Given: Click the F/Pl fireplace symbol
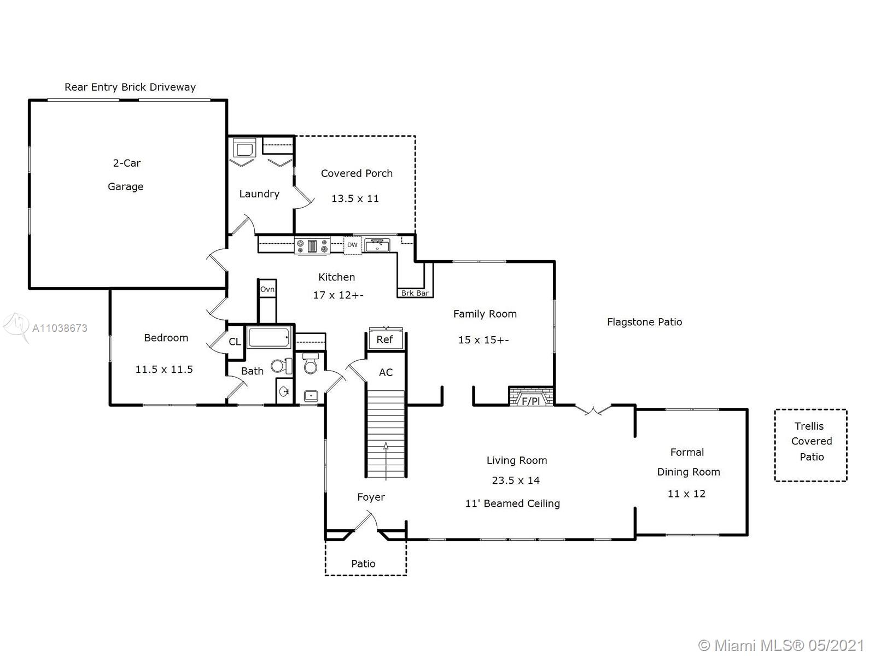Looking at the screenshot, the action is click(x=531, y=396).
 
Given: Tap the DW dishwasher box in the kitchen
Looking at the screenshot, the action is click(x=352, y=245).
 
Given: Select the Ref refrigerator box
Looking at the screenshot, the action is click(x=384, y=339).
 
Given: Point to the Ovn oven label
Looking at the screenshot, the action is click(x=267, y=289).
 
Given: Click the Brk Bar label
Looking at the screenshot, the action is click(x=415, y=293).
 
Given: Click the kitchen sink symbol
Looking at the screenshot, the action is click(x=377, y=245).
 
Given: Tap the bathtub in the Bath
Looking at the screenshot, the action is click(x=269, y=337).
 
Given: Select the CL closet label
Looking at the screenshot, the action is click(x=235, y=342).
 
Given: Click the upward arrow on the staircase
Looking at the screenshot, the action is click(x=386, y=461).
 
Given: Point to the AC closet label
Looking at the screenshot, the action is click(x=386, y=372).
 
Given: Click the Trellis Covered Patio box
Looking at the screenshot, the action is click(x=811, y=446).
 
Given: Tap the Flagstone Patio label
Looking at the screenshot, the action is click(x=644, y=322).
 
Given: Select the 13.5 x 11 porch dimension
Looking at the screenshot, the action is click(x=355, y=199).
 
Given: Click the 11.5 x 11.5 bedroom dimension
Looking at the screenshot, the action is click(x=164, y=370).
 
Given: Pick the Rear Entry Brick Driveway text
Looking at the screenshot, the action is click(x=130, y=87).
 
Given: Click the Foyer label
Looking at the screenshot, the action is click(x=371, y=497).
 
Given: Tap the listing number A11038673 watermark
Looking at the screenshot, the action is click(x=60, y=328).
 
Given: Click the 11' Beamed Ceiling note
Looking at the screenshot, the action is click(x=512, y=503).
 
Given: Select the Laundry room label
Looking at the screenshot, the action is click(x=259, y=194).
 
